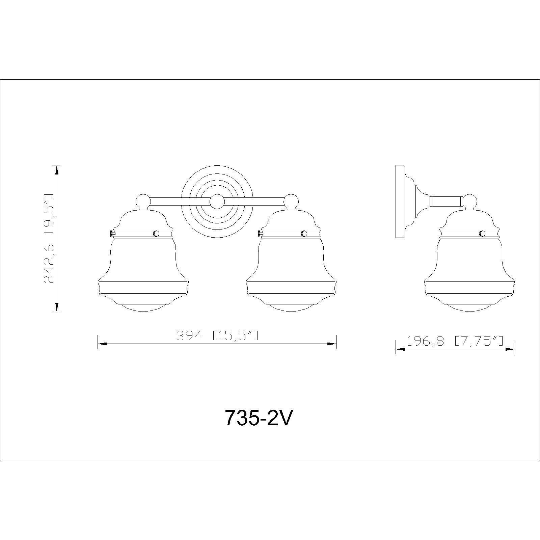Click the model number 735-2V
click(257, 419)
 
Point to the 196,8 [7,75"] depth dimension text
click(455, 342)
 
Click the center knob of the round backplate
click(217, 202)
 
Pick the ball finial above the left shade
click(143, 201)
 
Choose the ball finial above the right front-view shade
click(291, 201)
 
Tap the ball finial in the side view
click(469, 202)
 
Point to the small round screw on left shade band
click(156, 234)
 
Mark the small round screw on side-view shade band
click(483, 234)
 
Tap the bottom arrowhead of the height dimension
click(57, 307)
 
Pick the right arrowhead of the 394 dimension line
click(332, 344)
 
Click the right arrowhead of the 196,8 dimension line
click(510, 349)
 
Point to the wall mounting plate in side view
click(400, 201)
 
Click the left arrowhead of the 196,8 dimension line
click(400, 349)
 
